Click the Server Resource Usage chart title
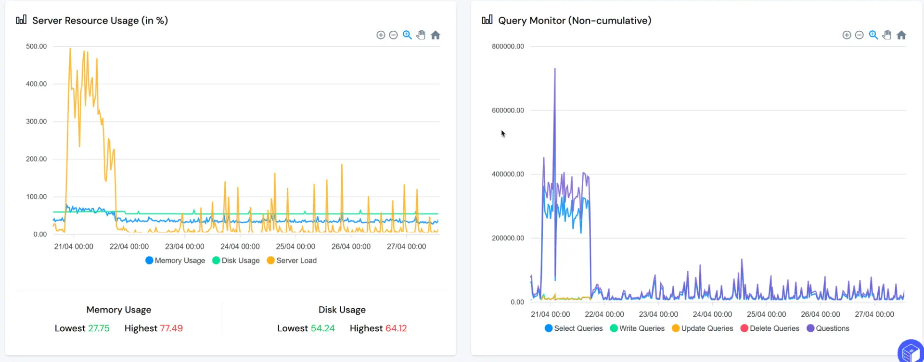pyautogui.click(x=100, y=21)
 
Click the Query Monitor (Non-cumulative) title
pyautogui.click(x=574, y=21)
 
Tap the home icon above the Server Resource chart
pyautogui.click(x=436, y=35)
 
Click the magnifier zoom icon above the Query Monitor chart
pyautogui.click(x=873, y=35)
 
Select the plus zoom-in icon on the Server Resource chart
pyautogui.click(x=381, y=35)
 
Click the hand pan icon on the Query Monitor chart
pyautogui.click(x=887, y=35)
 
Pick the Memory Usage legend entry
pyautogui.click(x=175, y=261)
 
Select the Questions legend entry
pyautogui.click(x=828, y=328)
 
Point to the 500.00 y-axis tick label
pyautogui.click(x=36, y=47)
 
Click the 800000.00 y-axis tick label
pyautogui.click(x=508, y=47)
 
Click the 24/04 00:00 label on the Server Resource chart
pyautogui.click(x=240, y=247)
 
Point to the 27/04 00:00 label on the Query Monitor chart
pyautogui.click(x=874, y=314)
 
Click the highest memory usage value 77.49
pyautogui.click(x=171, y=328)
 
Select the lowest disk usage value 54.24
pyautogui.click(x=322, y=328)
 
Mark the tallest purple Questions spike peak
pyautogui.click(x=555, y=69)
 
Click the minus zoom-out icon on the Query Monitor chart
pyautogui.click(x=859, y=35)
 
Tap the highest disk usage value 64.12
pyautogui.click(x=396, y=328)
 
